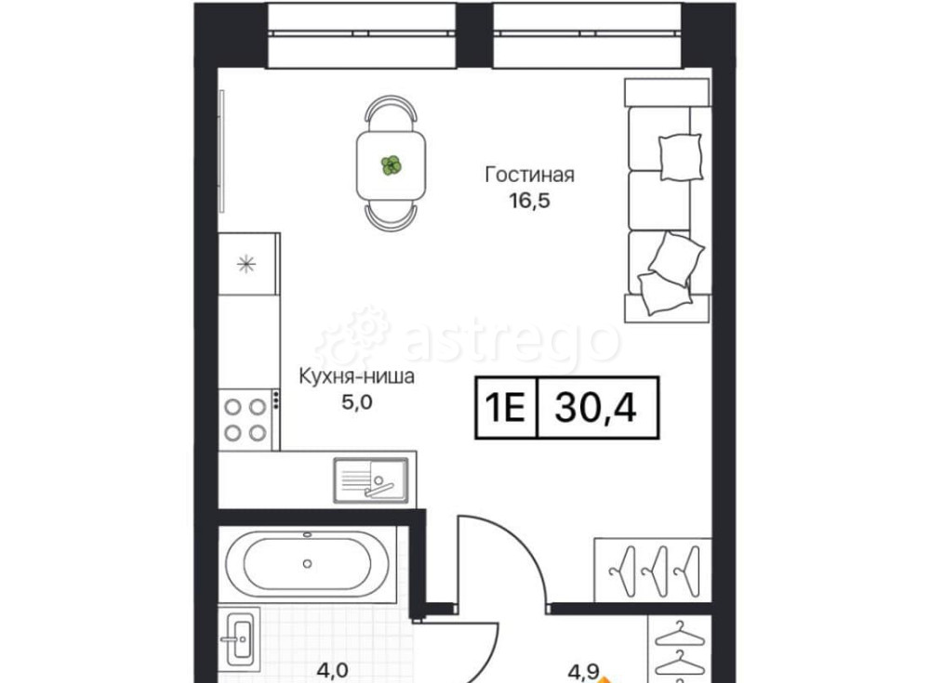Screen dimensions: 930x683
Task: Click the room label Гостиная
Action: click(530, 175)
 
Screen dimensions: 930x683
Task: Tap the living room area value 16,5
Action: click(530, 201)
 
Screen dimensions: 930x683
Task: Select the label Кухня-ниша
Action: click(356, 376)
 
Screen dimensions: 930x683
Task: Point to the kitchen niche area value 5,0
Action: click(356, 402)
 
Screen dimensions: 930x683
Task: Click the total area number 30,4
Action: click(595, 408)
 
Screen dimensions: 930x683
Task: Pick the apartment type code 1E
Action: click(505, 408)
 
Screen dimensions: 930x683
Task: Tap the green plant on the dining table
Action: click(392, 165)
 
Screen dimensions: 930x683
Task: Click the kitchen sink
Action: click(371, 480)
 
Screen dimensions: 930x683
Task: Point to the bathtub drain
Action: click(307, 563)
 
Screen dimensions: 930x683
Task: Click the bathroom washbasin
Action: click(240, 637)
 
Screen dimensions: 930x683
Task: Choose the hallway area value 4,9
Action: click(583, 673)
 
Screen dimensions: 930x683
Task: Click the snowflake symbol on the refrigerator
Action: click(246, 263)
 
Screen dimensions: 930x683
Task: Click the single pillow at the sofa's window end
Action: click(681, 156)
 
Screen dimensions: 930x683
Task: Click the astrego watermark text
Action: click(510, 341)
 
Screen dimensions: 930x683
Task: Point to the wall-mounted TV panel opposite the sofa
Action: click(222, 151)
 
